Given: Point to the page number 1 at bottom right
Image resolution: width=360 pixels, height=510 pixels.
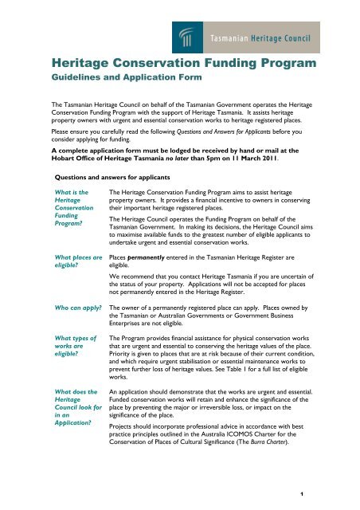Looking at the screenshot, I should pyautogui.click(x=348, y=496).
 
